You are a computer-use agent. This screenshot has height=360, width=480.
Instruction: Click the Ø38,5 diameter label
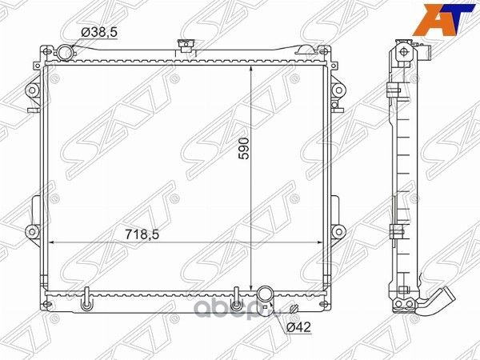[98, 32]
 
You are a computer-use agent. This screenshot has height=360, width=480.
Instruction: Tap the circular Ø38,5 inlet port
[66, 53]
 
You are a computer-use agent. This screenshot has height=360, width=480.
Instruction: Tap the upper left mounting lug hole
[32, 90]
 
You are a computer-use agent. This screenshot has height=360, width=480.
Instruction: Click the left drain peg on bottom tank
[86, 305]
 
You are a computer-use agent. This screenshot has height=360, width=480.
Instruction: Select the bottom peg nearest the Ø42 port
[235, 305]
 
